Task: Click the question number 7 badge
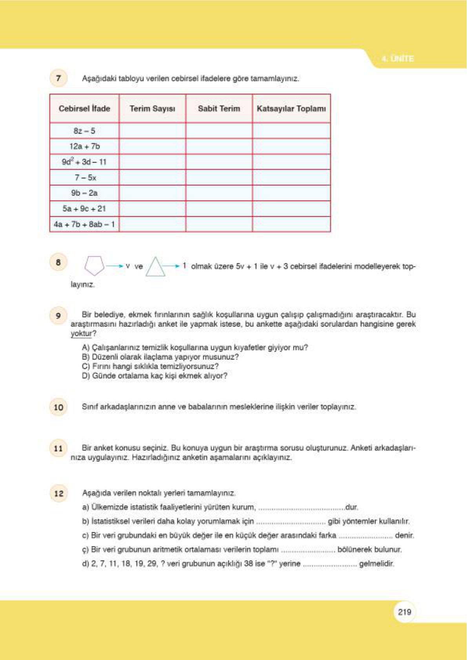pyautogui.click(x=58, y=78)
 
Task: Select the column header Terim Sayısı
pyautogui.click(x=152, y=109)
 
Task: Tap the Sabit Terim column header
pyautogui.click(x=219, y=109)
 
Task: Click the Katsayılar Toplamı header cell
pyautogui.click(x=291, y=109)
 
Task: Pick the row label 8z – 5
pyautogui.click(x=84, y=131)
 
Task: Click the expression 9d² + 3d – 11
pyautogui.click(x=84, y=162)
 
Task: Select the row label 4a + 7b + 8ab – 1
pyautogui.click(x=84, y=225)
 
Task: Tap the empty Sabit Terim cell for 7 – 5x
pyautogui.click(x=219, y=178)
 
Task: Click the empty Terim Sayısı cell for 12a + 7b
pyautogui.click(x=152, y=146)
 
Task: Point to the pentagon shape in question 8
pyautogui.click(x=94, y=266)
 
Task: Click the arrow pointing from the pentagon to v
pyautogui.click(x=114, y=266)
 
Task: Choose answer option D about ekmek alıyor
pyautogui.click(x=155, y=376)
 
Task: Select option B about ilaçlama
pyautogui.click(x=160, y=357)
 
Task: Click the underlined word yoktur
pyautogui.click(x=81, y=334)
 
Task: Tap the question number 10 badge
pyautogui.click(x=58, y=407)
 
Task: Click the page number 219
pyautogui.click(x=404, y=612)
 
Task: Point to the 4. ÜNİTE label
pyautogui.click(x=398, y=59)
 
